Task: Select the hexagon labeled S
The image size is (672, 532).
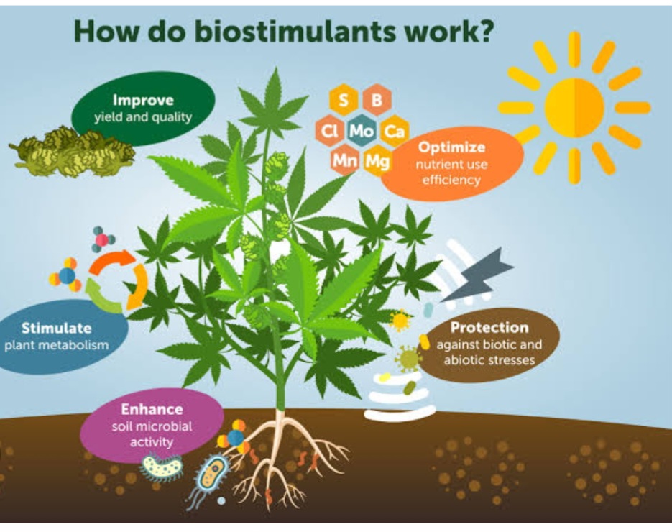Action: click(x=344, y=101)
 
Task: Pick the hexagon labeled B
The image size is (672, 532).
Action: click(x=377, y=101)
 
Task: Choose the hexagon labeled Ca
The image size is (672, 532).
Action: click(x=393, y=131)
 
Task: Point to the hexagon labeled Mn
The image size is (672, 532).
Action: click(x=344, y=161)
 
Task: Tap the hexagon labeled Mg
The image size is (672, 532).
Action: click(x=377, y=161)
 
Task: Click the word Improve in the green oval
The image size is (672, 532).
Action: click(x=143, y=100)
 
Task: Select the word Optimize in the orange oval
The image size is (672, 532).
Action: click(x=451, y=147)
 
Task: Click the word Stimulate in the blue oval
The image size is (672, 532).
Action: click(x=56, y=329)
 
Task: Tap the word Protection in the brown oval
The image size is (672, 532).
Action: click(x=489, y=328)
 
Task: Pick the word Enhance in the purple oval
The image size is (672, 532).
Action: click(x=151, y=409)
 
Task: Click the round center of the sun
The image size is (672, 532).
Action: click(x=574, y=108)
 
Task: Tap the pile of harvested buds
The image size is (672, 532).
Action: click(x=73, y=151)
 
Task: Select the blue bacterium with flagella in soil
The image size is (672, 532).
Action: click(x=208, y=479)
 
